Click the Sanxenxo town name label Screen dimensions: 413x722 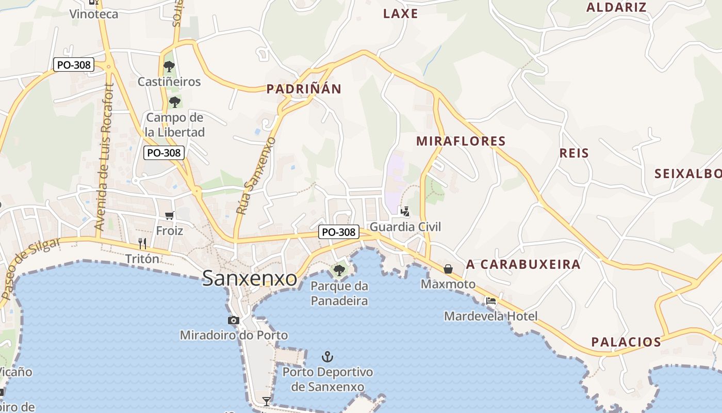250,278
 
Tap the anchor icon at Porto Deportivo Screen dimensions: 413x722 327,357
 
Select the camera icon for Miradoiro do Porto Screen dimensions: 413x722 234,321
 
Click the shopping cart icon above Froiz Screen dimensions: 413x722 169,216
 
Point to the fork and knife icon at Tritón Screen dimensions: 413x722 142,243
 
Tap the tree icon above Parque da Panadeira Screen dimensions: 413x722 339,270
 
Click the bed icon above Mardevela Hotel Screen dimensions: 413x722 490,301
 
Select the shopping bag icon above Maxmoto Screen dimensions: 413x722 448,269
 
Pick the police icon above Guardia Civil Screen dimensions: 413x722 405,211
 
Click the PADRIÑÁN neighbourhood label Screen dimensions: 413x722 304,89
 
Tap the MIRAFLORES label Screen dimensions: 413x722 461,141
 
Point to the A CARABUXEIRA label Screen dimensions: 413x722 523,265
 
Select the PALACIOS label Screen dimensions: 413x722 626,342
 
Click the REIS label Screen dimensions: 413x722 574,153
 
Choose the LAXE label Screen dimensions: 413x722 400,14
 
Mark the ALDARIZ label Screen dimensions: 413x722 616,7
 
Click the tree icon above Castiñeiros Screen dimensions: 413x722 169,67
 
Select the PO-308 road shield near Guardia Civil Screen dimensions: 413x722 338,232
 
